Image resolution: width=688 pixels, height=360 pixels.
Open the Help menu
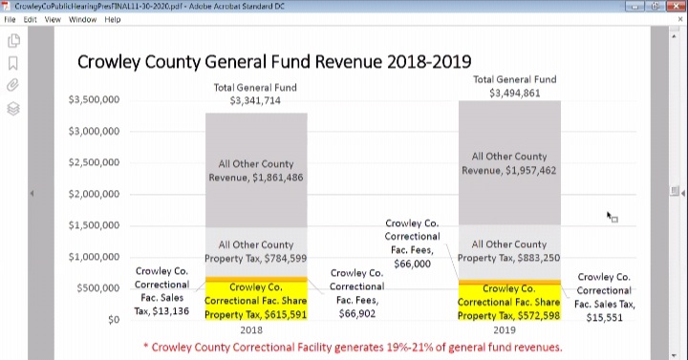(113, 19)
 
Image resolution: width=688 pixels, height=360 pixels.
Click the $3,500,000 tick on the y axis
(94, 100)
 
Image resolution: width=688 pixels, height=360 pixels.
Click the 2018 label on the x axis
(252, 329)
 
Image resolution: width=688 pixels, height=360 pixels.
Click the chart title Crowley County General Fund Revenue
(273, 62)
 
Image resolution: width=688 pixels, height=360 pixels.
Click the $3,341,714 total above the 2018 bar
(255, 100)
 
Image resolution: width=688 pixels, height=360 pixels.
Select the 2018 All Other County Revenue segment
(255, 171)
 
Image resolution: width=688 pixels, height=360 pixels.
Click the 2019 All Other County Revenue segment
(509, 163)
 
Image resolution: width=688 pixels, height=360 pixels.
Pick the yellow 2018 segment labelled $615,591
(255, 301)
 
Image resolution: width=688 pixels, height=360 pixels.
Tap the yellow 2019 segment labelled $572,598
(509, 302)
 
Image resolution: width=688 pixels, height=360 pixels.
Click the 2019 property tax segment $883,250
(509, 251)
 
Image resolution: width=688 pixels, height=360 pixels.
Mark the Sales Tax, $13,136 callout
(161, 290)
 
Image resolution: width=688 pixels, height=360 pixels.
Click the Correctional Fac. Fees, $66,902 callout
(357, 292)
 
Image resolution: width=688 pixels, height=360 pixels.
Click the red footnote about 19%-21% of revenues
(353, 347)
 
